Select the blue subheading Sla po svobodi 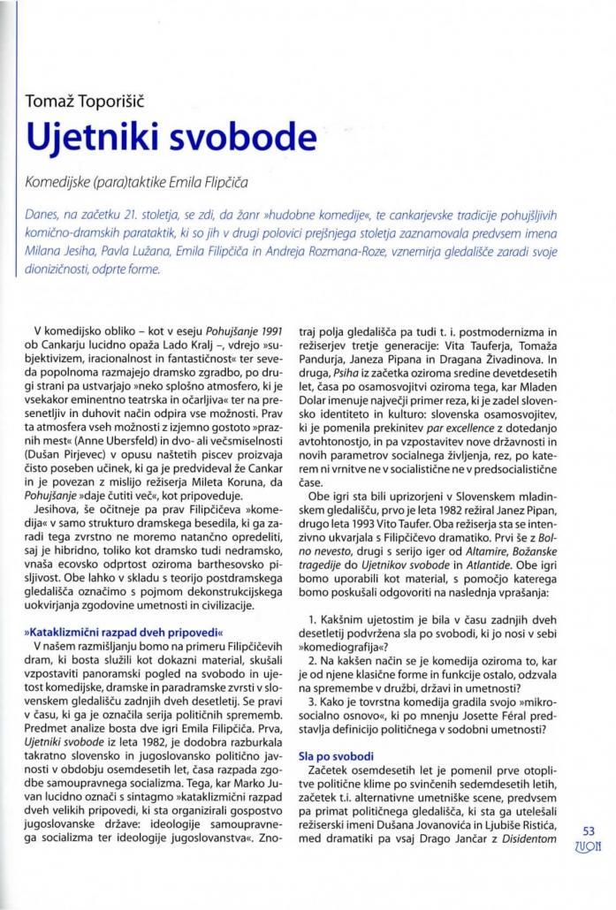(337, 756)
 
